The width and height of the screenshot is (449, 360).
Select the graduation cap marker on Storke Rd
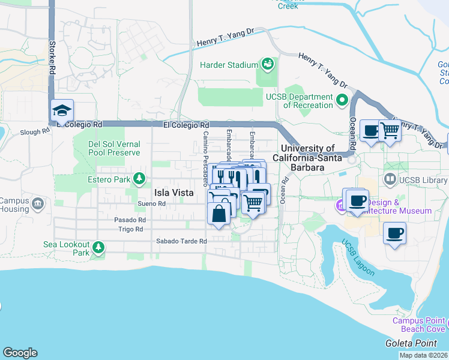62,111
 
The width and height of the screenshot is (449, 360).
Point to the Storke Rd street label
53,55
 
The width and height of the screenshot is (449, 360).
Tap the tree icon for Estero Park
139,179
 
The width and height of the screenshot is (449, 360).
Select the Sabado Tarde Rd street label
181,241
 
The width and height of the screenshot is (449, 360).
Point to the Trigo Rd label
130,229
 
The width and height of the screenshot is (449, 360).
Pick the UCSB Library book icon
390,179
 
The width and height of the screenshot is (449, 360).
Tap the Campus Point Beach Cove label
418,324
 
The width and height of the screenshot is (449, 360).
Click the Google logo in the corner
20,353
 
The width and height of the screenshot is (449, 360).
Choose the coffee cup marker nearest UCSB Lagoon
395,233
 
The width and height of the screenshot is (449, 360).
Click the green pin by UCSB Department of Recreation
343,100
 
